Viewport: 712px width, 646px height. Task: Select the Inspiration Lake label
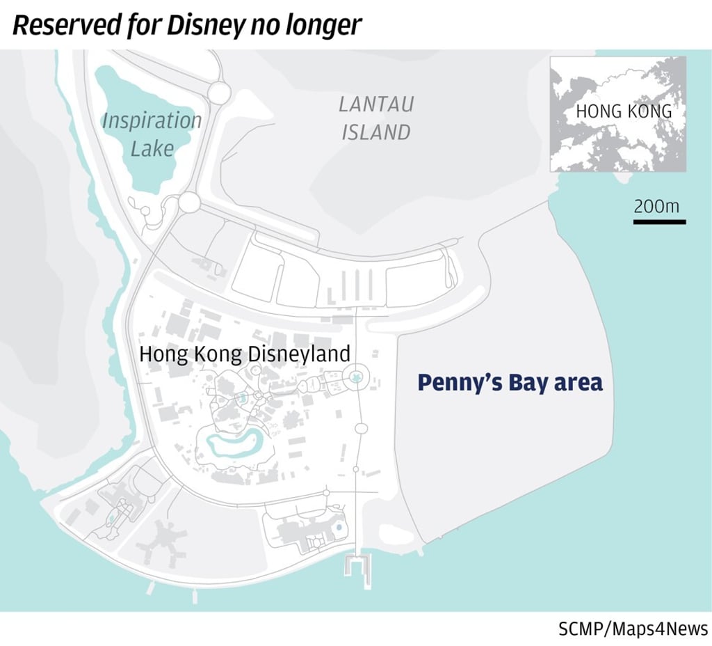click(152, 134)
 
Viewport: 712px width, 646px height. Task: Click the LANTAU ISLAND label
click(376, 118)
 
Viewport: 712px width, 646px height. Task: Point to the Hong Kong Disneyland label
click(245, 354)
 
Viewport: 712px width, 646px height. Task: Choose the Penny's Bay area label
click(510, 383)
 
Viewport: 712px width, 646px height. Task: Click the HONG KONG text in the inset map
click(624, 111)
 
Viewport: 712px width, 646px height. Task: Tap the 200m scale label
click(656, 206)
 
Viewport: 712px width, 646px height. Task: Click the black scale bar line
click(659, 222)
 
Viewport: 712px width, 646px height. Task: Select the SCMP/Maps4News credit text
click(633, 629)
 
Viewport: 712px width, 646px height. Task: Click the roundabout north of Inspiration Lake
click(219, 92)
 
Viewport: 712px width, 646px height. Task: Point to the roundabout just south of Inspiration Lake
click(188, 203)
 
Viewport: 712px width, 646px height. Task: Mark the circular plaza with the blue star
click(356, 377)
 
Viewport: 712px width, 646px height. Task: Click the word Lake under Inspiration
click(152, 148)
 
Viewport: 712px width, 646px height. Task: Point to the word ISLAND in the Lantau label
click(376, 132)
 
